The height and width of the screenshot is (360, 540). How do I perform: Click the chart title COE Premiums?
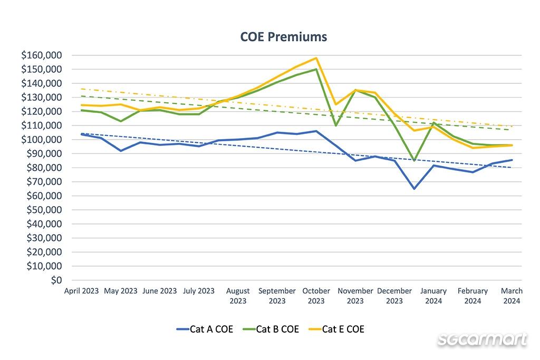pyautogui.click(x=284, y=36)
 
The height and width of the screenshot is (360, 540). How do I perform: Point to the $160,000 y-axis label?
pyautogui.click(x=42, y=55)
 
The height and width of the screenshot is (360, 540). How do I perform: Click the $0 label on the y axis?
pyautogui.click(x=56, y=280)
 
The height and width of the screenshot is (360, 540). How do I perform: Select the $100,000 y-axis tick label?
pyautogui.click(x=42, y=140)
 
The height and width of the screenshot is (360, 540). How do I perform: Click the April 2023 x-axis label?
pyautogui.click(x=81, y=291)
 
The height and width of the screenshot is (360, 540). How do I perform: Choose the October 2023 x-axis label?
pyautogui.click(x=316, y=296)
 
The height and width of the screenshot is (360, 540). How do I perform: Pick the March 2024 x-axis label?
pyautogui.click(x=512, y=296)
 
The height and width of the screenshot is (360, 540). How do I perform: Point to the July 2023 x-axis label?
pyautogui.click(x=198, y=291)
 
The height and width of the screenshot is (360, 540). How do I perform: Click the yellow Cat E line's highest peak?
pyautogui.click(x=316, y=58)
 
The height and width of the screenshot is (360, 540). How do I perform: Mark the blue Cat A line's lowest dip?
pyautogui.click(x=414, y=189)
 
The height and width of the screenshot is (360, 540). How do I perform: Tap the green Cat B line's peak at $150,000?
pyautogui.click(x=316, y=69)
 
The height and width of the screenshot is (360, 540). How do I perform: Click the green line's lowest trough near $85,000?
pyautogui.click(x=414, y=160)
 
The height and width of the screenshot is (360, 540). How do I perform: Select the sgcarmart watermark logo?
pyautogui.click(x=482, y=339)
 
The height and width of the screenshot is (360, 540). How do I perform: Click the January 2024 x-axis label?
pyautogui.click(x=433, y=296)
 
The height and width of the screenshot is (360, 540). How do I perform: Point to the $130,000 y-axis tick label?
pyautogui.click(x=42, y=98)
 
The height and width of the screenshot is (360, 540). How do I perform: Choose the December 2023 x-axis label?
pyautogui.click(x=394, y=296)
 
